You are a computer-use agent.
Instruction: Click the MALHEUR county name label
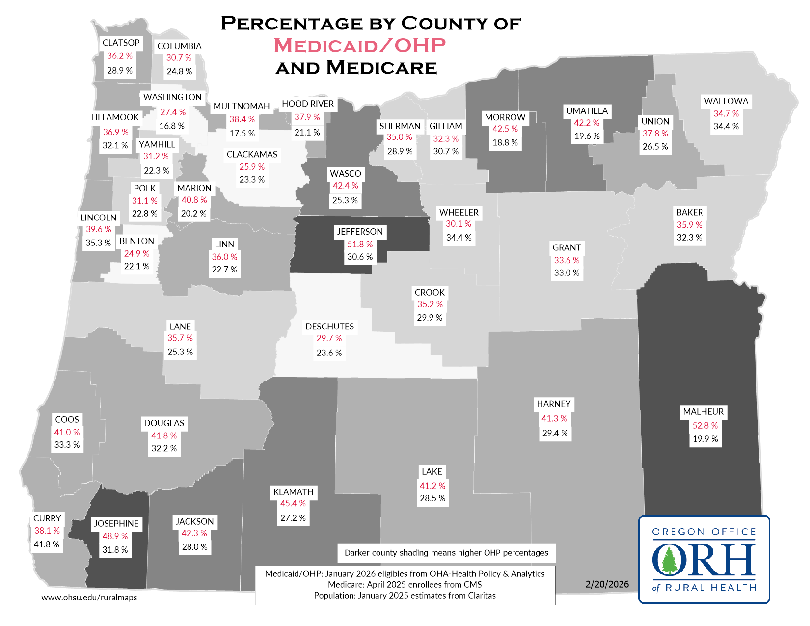point(703,412)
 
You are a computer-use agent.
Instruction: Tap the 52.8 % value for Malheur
point(705,426)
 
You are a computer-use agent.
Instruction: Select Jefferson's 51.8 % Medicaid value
point(360,245)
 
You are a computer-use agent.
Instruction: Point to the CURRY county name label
point(47,518)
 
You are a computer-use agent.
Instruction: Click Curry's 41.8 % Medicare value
point(46,544)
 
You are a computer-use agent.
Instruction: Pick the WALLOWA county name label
point(726,101)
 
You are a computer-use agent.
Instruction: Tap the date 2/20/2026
point(607,584)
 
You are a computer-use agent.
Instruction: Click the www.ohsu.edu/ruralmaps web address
point(89,598)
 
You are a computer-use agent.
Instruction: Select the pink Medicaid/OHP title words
point(359,45)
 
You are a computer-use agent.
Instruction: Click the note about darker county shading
point(446,553)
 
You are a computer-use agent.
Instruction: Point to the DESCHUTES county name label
point(329,327)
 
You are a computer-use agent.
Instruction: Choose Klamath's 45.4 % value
point(293,504)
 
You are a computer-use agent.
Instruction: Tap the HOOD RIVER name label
point(308,104)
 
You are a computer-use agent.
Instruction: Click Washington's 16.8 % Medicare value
point(172,126)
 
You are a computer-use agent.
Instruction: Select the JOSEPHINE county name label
point(116,524)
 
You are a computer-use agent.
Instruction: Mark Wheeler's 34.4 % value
point(459,238)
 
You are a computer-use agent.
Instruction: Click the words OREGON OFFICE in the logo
point(703,532)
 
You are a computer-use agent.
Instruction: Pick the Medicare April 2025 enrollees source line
point(405,585)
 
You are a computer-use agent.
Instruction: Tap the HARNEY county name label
point(553,404)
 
